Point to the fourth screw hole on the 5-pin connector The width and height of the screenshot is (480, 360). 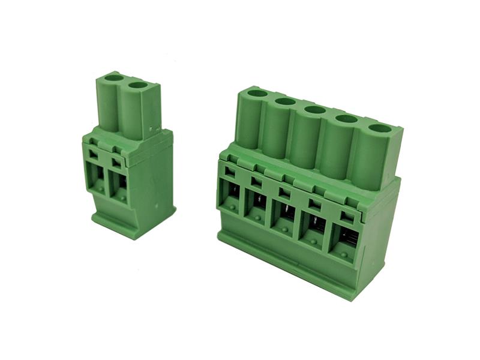(346, 119)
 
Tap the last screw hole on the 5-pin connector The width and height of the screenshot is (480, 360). (379, 128)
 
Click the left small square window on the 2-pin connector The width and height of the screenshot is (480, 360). (94, 154)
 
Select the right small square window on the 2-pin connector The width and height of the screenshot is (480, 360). (116, 161)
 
